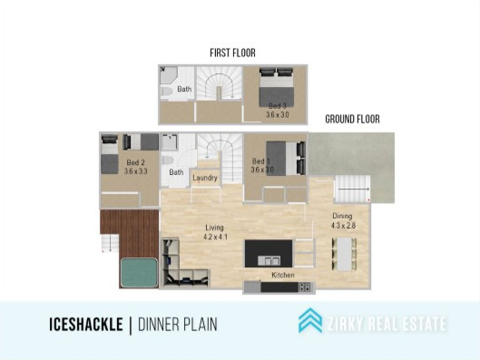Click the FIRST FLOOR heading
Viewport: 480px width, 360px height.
pos(232,53)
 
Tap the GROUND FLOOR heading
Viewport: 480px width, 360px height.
pos(352,119)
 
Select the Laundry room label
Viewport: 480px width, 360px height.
pos(205,178)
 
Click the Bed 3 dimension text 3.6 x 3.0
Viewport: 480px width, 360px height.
pos(278,115)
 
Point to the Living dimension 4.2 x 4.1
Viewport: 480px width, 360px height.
pos(216,237)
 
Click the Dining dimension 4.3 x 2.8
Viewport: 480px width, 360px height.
pos(343,226)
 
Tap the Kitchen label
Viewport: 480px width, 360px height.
pos(283,275)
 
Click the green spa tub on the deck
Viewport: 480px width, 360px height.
pos(140,273)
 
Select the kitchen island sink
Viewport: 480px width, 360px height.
pos(269,260)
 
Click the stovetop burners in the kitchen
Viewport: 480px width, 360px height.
pos(305,287)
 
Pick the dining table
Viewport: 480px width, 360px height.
pos(344,254)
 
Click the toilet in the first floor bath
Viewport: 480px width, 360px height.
pos(167,92)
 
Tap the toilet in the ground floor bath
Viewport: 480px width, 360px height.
pos(168,161)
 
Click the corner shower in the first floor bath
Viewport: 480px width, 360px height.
pos(169,75)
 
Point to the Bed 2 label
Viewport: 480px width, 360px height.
pos(135,162)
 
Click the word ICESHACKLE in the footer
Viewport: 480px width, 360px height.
pos(86,325)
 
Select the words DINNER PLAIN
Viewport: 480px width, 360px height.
pos(178,325)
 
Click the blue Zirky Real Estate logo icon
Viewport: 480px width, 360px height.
pos(310,320)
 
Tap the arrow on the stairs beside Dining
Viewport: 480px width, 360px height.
pos(354,190)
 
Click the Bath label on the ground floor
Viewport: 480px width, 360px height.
pos(176,172)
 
